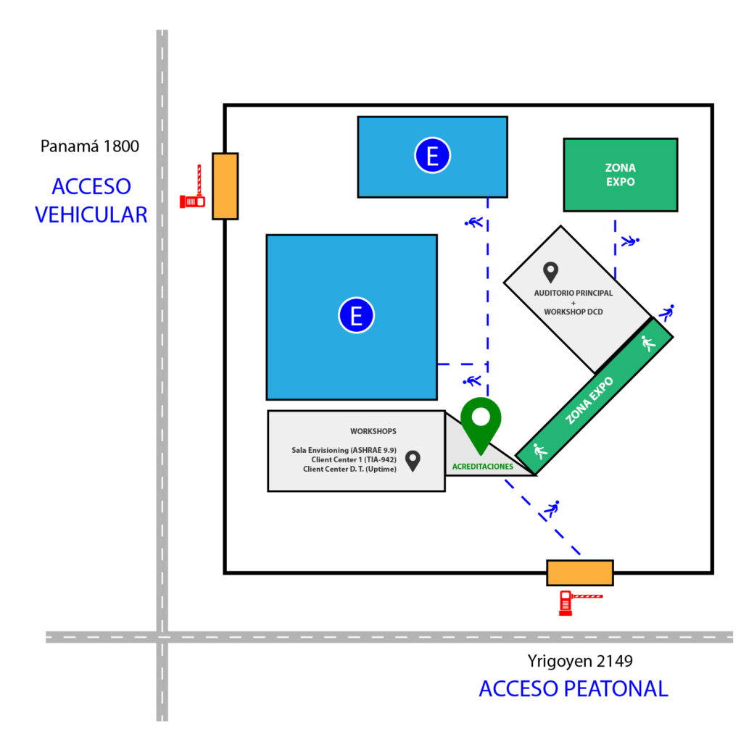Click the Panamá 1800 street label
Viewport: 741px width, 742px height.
[x=89, y=146]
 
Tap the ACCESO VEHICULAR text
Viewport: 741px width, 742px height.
[x=91, y=201]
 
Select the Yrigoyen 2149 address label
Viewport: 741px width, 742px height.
[x=580, y=661]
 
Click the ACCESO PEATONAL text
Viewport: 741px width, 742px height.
[x=573, y=688]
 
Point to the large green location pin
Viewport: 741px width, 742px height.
[x=481, y=420]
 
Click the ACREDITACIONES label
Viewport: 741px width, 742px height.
[x=482, y=467]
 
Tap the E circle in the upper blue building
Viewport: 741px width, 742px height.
[x=432, y=156]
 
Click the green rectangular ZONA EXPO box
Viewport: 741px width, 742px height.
[x=620, y=175]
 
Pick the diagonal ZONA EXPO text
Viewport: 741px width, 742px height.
[x=589, y=400]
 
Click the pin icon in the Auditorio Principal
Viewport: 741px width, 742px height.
[x=551, y=272]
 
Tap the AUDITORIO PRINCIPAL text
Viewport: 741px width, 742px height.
[x=573, y=293]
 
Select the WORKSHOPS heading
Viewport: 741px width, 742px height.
[x=373, y=431]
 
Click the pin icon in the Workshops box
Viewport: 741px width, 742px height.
[x=413, y=460]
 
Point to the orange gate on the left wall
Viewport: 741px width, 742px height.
[x=225, y=186]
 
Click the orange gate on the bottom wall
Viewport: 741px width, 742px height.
[x=579, y=572]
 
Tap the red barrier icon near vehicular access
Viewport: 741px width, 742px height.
[x=193, y=190]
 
